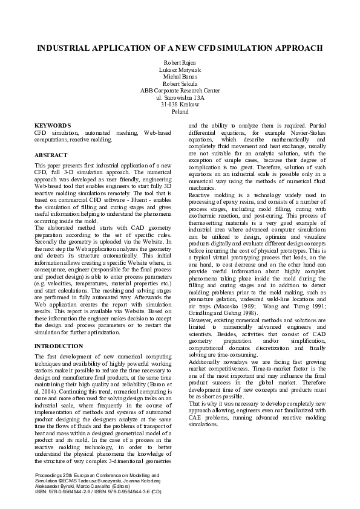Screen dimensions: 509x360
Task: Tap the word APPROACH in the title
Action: point(292,47)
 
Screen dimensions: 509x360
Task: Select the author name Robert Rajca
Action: point(180,62)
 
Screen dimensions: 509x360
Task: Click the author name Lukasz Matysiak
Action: point(180,70)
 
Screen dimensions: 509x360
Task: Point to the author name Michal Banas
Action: point(180,77)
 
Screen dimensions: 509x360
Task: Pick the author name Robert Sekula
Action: point(180,84)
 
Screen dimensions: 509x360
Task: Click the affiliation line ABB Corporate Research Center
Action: point(180,91)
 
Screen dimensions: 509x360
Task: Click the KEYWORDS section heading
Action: point(53,125)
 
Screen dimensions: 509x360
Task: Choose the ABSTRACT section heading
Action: point(51,155)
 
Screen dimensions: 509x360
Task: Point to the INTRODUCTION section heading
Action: point(59,346)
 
